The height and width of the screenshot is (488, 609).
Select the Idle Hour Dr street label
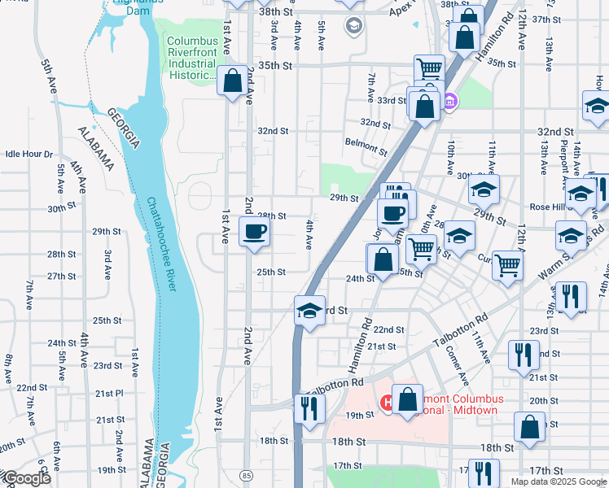coord(28,154)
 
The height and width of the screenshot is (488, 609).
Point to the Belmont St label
coord(366,146)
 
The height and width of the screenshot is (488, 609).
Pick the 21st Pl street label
coord(108,393)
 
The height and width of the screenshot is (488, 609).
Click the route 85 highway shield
coord(247,473)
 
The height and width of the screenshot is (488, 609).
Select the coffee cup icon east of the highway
coord(392,214)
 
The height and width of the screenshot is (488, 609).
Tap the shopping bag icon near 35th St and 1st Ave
coord(232,81)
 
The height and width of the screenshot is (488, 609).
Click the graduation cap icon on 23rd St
coord(309,311)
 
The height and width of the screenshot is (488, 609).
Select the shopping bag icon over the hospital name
coord(407,399)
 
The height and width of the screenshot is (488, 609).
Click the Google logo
coord(26,479)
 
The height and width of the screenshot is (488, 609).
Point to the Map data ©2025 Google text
coord(558,481)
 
